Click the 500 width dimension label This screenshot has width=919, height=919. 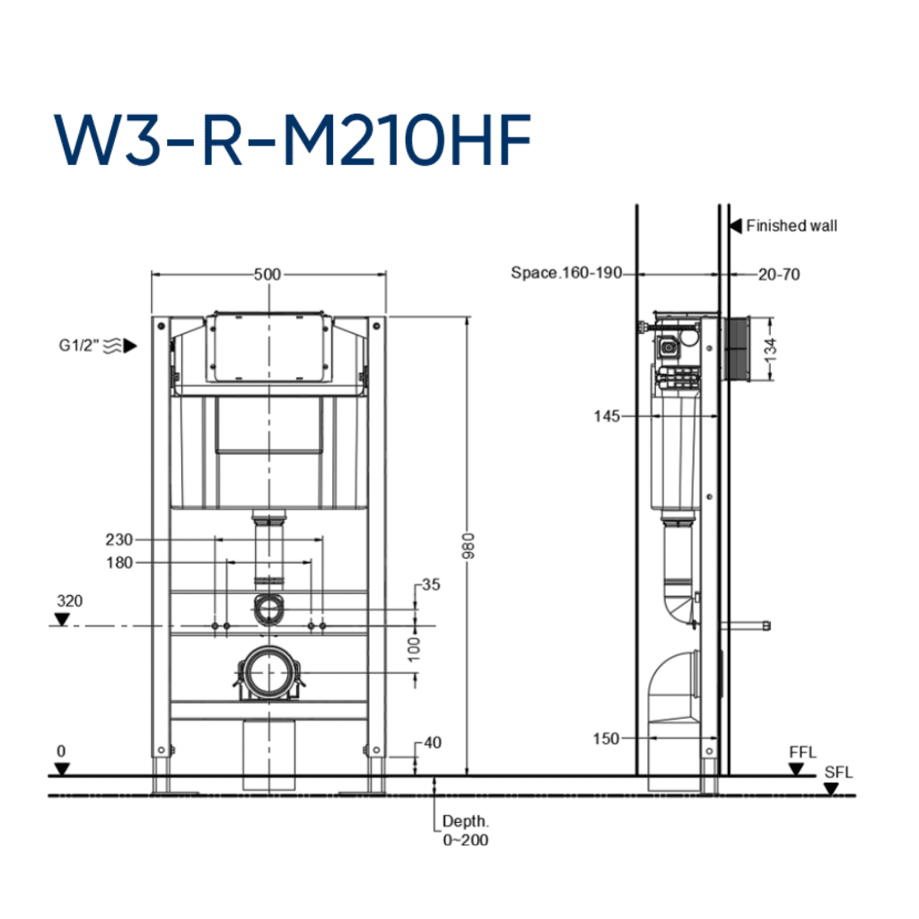click(267, 275)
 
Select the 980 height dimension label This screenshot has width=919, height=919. click(468, 546)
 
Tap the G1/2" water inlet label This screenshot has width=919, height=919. click(79, 346)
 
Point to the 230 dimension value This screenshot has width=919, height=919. click(119, 539)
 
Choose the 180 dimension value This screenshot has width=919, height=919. click(119, 563)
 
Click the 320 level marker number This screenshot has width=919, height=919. click(70, 600)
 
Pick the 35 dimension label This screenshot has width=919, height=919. click(431, 584)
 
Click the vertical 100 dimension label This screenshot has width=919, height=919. click(415, 650)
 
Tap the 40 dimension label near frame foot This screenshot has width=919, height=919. click(433, 742)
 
